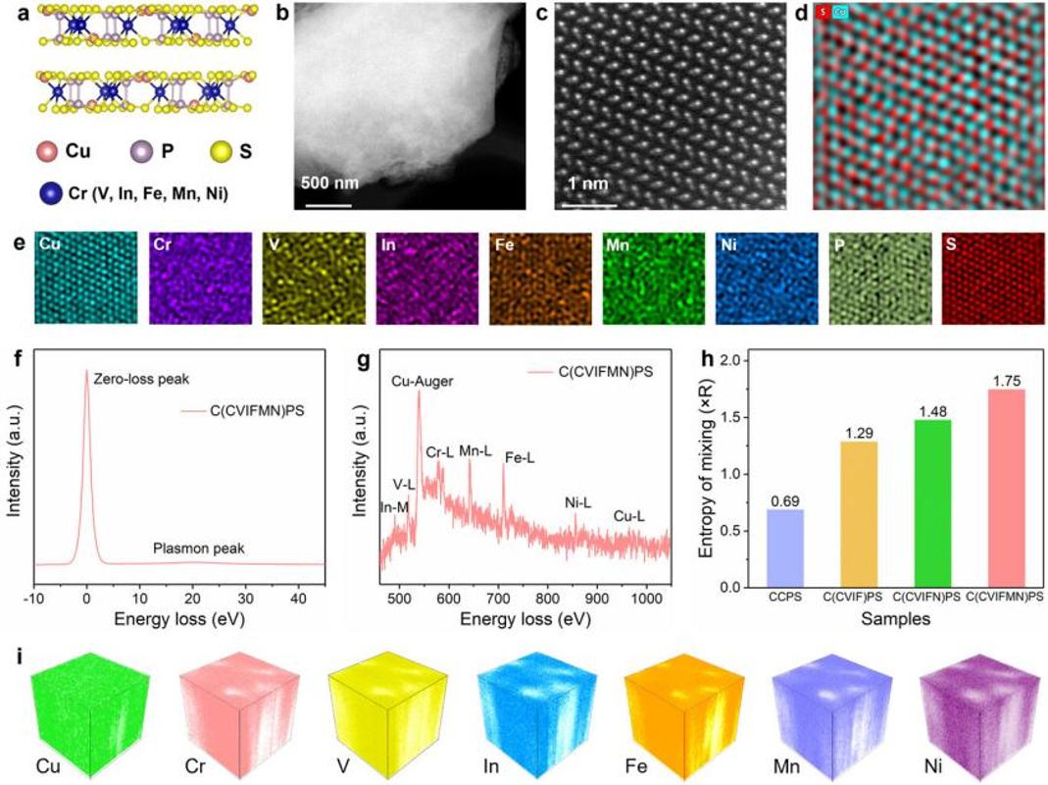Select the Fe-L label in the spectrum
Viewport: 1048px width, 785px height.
point(519,457)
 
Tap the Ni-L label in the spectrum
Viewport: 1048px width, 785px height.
point(578,502)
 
